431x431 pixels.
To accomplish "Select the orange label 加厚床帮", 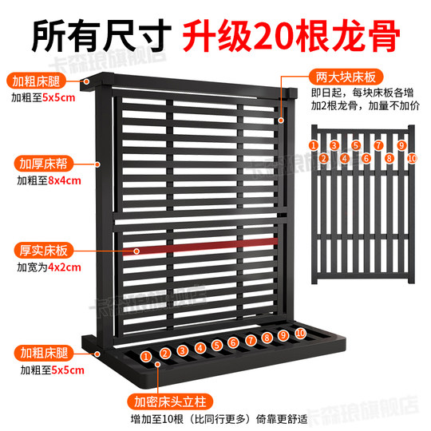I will coord(37,164).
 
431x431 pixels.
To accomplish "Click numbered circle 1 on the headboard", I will coord(146,354).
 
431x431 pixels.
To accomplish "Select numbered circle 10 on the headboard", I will coord(300,332).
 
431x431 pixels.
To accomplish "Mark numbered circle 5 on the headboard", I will coord(215,346).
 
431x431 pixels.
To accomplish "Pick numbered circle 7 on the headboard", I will coord(250,340).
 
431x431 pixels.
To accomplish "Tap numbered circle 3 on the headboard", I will coord(182,350).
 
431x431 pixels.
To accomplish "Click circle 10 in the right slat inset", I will coord(411,158).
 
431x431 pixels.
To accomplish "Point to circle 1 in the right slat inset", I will coord(314,146).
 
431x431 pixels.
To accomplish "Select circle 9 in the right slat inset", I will coord(401,146).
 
